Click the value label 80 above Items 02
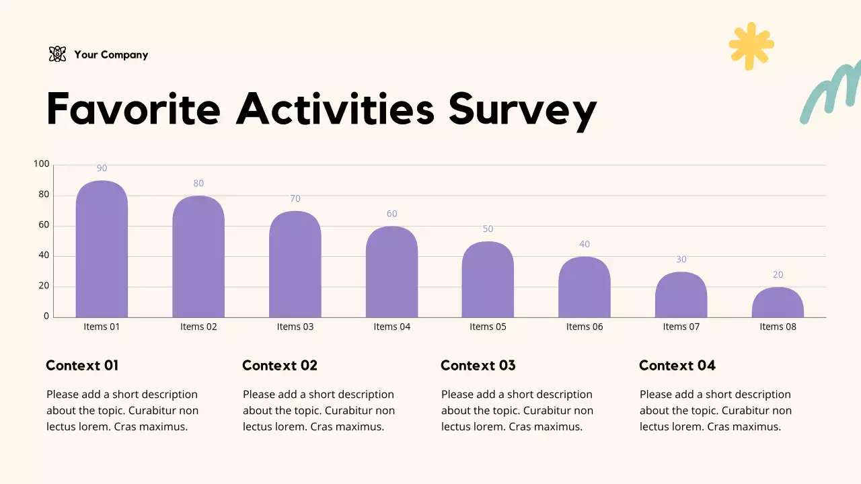(x=198, y=184)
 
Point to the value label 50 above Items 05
(x=488, y=229)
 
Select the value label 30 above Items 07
(x=681, y=259)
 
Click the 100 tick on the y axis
(x=42, y=164)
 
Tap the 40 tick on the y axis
(x=44, y=255)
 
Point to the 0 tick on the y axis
(x=46, y=316)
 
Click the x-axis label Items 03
(x=295, y=327)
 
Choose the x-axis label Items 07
(x=681, y=327)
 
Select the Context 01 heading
(x=82, y=366)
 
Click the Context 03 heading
(x=478, y=366)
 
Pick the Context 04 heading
(x=677, y=366)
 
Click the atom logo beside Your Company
(x=58, y=54)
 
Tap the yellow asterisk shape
(x=751, y=46)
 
